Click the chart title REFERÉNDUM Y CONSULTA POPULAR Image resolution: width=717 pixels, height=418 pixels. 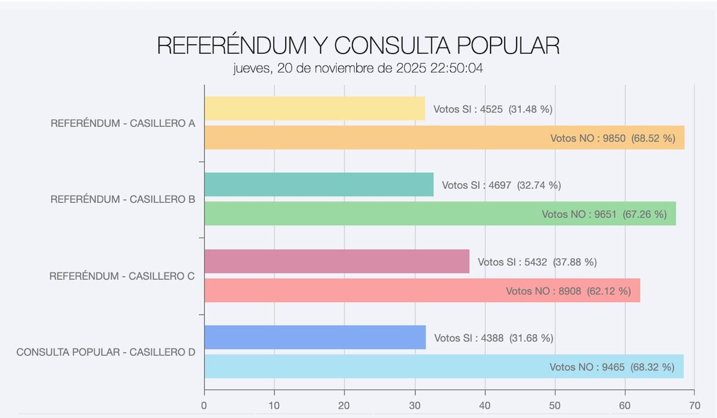pyautogui.click(x=358, y=46)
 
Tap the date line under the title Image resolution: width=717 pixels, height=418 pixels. pyautogui.click(x=358, y=69)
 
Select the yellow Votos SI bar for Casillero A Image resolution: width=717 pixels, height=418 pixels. pyautogui.click(x=315, y=109)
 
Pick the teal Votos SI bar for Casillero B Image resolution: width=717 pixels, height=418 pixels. pyautogui.click(x=319, y=185)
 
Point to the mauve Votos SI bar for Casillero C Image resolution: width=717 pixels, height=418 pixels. pyautogui.click(x=336, y=261)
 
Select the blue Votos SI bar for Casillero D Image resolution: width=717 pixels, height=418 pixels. pyautogui.click(x=315, y=338)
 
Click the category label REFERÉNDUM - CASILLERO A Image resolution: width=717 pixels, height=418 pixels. pyautogui.click(x=123, y=124)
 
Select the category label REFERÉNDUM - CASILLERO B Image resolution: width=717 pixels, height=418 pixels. pyautogui.click(x=123, y=200)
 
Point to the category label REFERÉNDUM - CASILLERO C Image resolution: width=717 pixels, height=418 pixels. pyautogui.click(x=122, y=276)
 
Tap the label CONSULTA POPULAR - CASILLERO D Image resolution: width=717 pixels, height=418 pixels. pyautogui.click(x=105, y=352)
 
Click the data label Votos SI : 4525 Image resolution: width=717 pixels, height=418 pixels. pyautogui.click(x=493, y=109)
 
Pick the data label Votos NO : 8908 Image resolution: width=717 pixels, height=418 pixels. pyautogui.click(x=568, y=291)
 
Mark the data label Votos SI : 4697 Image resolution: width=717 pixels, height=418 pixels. pyautogui.click(x=501, y=185)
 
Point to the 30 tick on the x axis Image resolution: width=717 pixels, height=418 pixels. pyautogui.click(x=415, y=406)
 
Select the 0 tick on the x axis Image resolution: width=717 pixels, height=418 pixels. pyautogui.click(x=204, y=406)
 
